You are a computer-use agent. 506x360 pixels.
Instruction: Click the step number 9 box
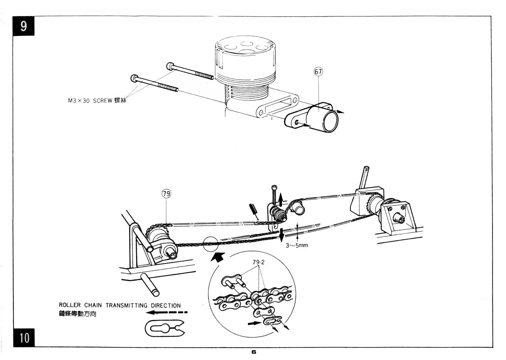(x=23, y=26)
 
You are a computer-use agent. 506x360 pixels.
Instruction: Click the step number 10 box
(x=24, y=338)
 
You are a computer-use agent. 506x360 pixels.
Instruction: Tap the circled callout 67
(x=318, y=72)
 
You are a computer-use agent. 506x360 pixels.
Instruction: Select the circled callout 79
(x=166, y=194)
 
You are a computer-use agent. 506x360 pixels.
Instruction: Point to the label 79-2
(x=259, y=262)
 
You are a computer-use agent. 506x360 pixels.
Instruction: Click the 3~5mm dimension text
(x=297, y=245)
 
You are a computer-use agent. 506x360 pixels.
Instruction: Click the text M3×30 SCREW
(x=90, y=101)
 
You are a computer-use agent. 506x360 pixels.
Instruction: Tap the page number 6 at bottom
(x=254, y=352)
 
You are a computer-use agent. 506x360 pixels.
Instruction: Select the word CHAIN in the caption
(x=93, y=305)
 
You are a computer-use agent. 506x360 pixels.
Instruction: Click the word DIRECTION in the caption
(x=166, y=305)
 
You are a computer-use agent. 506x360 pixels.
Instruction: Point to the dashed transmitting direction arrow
(x=167, y=313)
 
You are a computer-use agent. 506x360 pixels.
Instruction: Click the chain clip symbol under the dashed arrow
(x=165, y=328)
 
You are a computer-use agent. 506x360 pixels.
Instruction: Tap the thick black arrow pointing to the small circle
(x=217, y=257)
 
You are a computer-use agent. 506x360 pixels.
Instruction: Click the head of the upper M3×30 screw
(x=170, y=66)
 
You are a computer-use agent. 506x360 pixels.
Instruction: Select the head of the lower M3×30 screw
(x=134, y=78)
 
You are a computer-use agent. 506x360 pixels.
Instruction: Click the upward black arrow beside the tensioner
(x=280, y=200)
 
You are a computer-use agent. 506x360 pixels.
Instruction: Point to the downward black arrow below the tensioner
(x=281, y=235)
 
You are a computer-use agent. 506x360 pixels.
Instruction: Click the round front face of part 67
(x=330, y=121)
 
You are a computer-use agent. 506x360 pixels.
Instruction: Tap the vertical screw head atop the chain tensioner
(x=274, y=187)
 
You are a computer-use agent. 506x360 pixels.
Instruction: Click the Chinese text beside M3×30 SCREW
(x=121, y=100)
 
